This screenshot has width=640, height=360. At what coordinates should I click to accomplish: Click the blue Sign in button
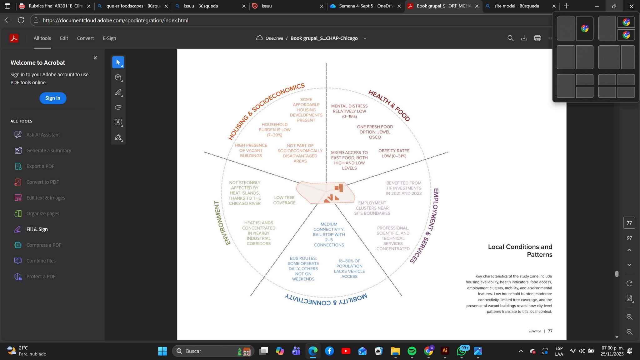click(53, 98)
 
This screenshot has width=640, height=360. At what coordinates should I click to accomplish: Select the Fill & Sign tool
click(37, 229)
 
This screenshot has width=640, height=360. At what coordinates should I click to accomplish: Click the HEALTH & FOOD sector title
click(389, 105)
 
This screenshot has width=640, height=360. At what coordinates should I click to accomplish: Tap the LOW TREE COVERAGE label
click(284, 200)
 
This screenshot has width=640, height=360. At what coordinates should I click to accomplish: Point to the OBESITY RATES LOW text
click(394, 153)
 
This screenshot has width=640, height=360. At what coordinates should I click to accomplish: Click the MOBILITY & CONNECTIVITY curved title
click(326, 299)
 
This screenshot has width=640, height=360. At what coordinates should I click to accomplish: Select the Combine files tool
click(41, 261)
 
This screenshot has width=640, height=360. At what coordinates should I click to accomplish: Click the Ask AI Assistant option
click(43, 135)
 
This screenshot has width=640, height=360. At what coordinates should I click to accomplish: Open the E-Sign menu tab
click(109, 38)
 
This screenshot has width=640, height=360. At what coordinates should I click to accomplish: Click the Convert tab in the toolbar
click(85, 38)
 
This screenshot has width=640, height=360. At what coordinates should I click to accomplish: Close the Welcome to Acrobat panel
click(95, 58)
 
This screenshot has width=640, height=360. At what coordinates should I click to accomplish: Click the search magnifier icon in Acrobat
click(510, 38)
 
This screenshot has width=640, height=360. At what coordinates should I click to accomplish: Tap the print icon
click(537, 38)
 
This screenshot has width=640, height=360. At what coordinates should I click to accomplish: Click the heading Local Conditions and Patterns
click(520, 251)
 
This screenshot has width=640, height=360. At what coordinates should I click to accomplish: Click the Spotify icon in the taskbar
click(412, 351)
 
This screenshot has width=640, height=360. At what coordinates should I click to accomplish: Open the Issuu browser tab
click(266, 6)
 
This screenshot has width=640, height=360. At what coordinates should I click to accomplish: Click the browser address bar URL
click(115, 20)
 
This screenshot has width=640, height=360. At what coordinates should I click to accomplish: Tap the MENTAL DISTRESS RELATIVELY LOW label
click(349, 111)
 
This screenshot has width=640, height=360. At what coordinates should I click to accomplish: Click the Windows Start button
click(162, 351)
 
